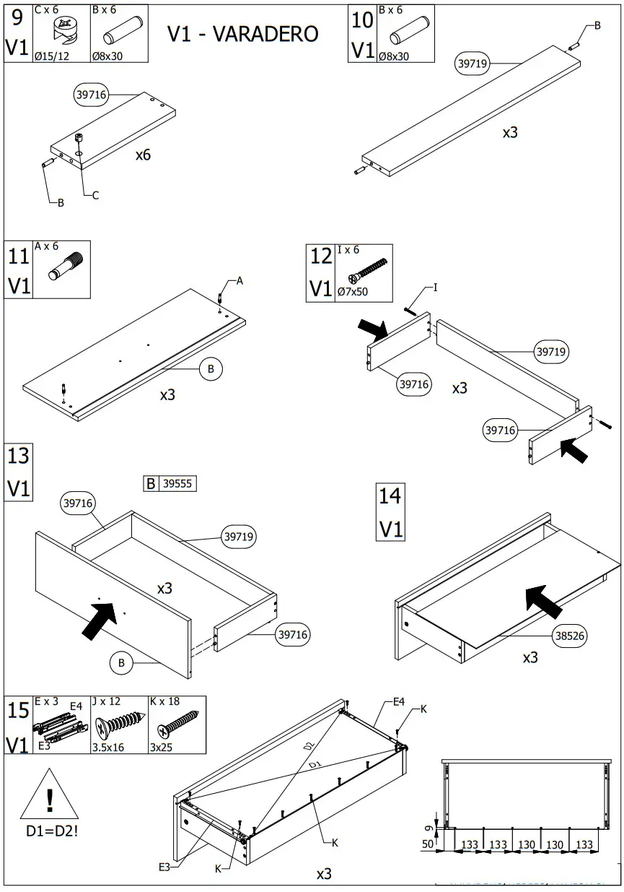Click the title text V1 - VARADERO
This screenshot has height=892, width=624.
pyautogui.click(x=242, y=34)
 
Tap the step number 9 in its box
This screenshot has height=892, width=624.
pyautogui.click(x=17, y=17)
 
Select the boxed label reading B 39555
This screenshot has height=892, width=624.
pyautogui.click(x=170, y=484)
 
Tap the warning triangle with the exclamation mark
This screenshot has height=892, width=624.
pyautogui.click(x=49, y=797)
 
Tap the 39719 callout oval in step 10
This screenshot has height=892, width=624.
pyautogui.click(x=473, y=64)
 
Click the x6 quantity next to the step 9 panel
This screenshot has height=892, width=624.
pyautogui.click(x=143, y=155)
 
